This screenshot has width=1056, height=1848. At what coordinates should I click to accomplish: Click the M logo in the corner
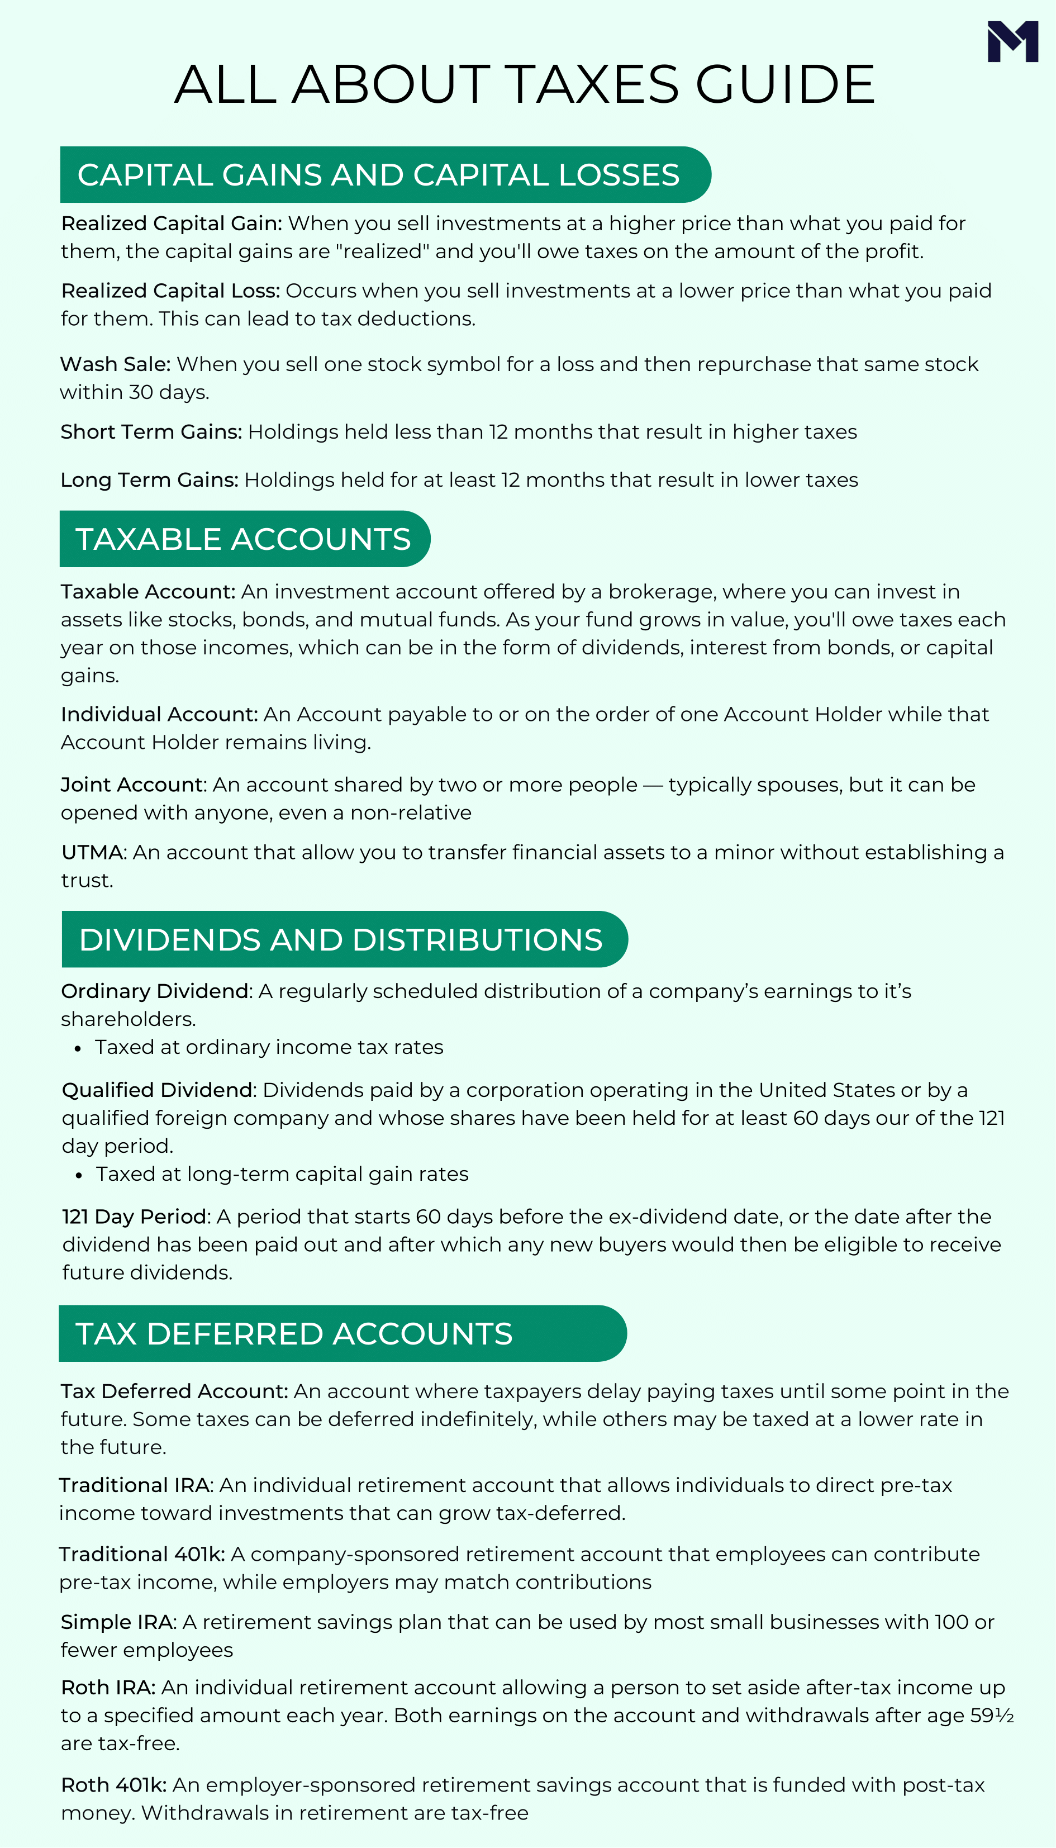1012,41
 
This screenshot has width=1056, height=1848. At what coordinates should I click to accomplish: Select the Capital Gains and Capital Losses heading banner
384,175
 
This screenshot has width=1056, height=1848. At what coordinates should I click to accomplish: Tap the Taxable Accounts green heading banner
244,539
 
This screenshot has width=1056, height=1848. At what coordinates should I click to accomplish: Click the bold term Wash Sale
115,364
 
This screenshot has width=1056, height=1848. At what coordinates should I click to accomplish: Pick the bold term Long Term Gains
149,480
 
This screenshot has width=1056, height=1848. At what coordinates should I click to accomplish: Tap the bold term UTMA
93,852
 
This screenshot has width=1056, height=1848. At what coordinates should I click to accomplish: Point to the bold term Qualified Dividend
156,1090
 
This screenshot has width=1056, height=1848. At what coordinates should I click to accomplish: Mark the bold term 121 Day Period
135,1217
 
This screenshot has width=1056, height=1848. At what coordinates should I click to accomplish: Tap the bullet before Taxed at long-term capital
79,1176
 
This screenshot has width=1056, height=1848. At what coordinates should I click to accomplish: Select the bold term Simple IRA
117,1622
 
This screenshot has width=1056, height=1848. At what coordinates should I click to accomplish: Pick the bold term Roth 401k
114,1785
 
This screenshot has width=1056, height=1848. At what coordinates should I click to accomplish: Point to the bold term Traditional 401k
141,1554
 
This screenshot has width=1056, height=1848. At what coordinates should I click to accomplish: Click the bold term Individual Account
159,714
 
